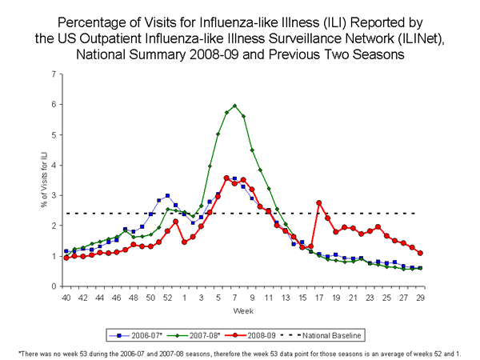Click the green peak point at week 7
[x=234, y=106]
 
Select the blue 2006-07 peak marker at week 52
[x=167, y=196]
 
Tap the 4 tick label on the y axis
[x=54, y=165]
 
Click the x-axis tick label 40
[x=66, y=298]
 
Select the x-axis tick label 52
[x=167, y=298]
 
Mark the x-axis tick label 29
[x=421, y=298]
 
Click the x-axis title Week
[x=243, y=310]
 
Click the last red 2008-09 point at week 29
[x=421, y=253]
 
